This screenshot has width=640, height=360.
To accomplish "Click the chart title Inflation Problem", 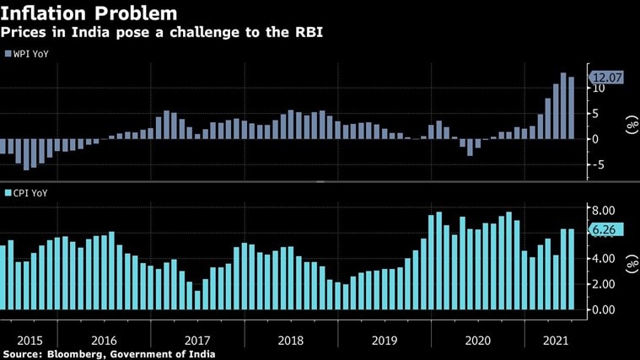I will [x=89, y=13].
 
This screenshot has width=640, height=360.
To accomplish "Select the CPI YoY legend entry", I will [x=30, y=194].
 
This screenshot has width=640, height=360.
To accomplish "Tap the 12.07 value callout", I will [x=605, y=78].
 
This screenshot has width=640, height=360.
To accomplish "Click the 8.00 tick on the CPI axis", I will [x=604, y=210].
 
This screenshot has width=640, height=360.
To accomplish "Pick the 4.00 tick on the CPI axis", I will [x=604, y=260].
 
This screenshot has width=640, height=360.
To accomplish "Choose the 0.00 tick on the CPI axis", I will [x=604, y=309].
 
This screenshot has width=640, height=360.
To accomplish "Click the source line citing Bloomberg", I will [x=108, y=354].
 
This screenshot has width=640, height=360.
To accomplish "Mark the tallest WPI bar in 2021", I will [x=564, y=106].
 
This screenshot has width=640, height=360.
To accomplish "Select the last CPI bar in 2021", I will [x=572, y=269].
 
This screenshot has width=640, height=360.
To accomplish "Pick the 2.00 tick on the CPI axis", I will [x=604, y=285].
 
